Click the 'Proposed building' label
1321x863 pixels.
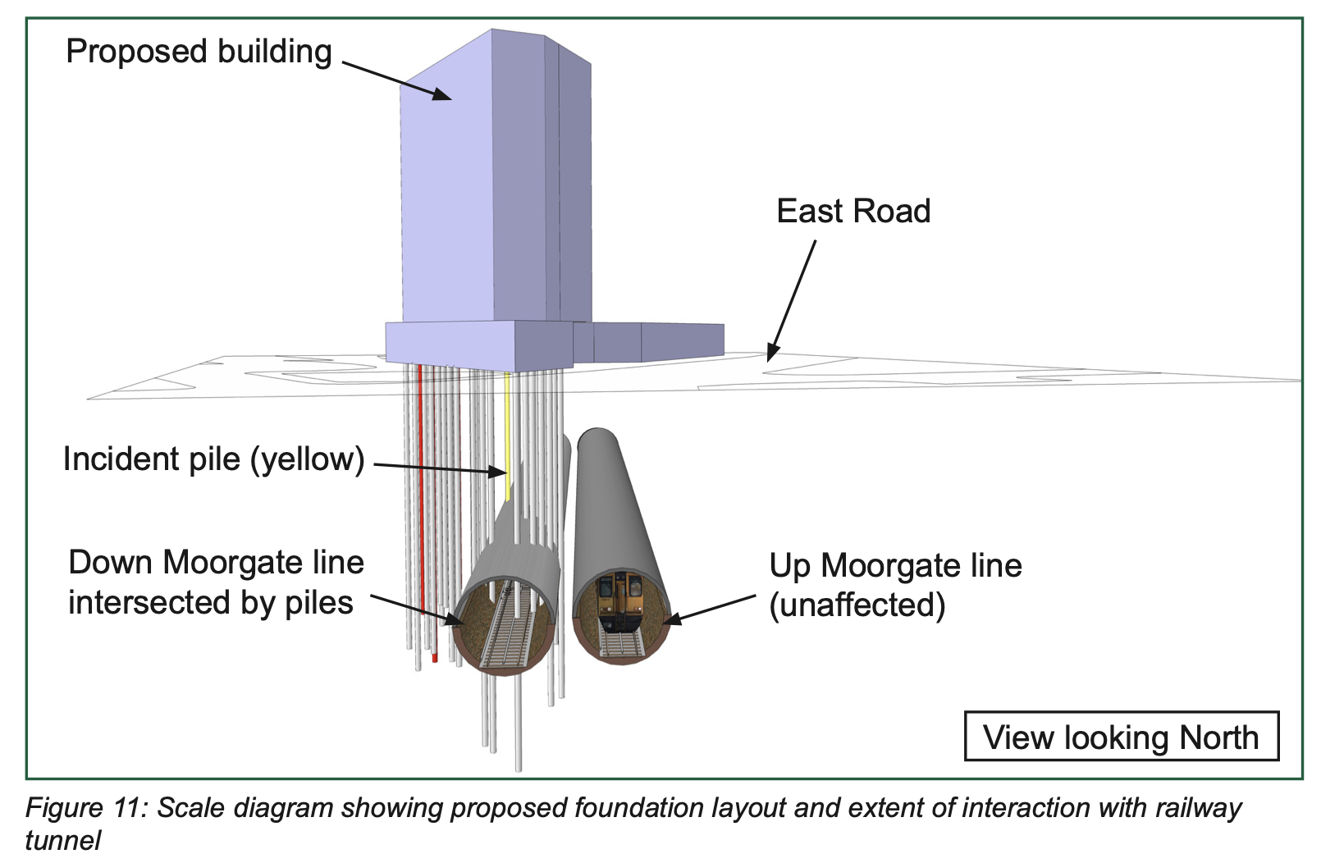click(x=199, y=52)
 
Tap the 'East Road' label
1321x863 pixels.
click(x=853, y=211)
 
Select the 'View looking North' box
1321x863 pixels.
click(x=1121, y=737)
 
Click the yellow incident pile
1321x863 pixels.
click(x=507, y=436)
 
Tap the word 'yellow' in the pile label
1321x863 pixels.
click(x=307, y=459)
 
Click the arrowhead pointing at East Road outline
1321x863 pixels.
click(x=772, y=353)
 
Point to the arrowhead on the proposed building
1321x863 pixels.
click(x=441, y=94)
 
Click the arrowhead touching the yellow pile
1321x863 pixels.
click(x=498, y=472)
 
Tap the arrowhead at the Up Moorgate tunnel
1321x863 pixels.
click(x=672, y=619)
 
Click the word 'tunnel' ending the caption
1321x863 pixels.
click(x=63, y=841)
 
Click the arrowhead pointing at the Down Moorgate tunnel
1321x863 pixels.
click(x=454, y=619)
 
